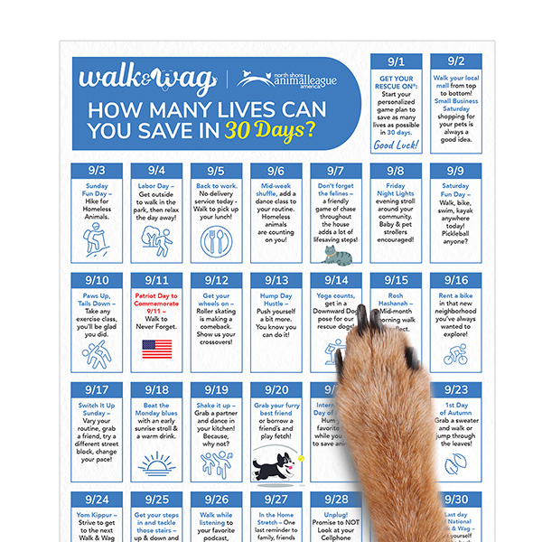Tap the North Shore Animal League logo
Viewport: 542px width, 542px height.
pos(288,79)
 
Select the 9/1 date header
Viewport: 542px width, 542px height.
pos(396,62)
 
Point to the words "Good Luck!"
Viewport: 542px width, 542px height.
pos(396,145)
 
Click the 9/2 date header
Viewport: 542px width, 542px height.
pos(455,62)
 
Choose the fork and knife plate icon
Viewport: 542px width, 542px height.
pos(216,238)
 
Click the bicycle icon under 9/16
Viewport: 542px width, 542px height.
pos(455,354)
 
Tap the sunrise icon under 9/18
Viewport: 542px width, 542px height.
pos(155,463)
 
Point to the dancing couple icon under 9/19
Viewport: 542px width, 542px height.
pos(216,463)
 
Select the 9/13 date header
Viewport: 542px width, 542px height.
pos(276,281)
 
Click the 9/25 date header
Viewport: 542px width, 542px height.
pos(155,500)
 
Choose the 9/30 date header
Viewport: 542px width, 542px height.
pos(455,500)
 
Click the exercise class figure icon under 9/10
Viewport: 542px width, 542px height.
pos(96,352)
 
